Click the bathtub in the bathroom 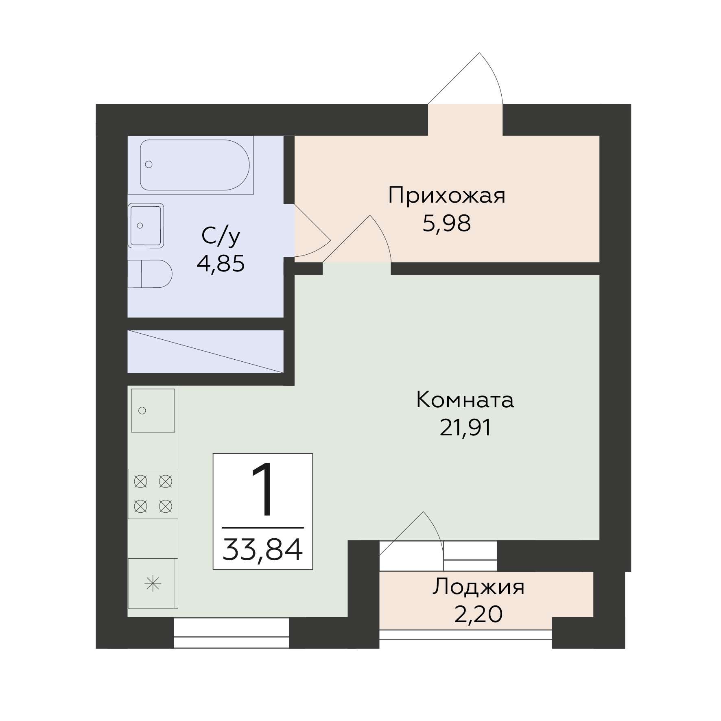(x=194, y=165)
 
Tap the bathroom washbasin (x=146, y=225)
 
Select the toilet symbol (x=150, y=274)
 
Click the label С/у (x=221, y=236)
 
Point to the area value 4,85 (x=221, y=264)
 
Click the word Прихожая (x=446, y=196)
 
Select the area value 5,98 (x=446, y=223)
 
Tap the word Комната (x=465, y=400)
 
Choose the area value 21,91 (x=465, y=428)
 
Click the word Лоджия (x=478, y=587)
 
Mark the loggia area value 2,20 (x=478, y=614)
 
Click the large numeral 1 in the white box (x=262, y=491)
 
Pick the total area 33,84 (x=262, y=550)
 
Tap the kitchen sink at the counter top (x=153, y=410)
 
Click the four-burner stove (x=153, y=494)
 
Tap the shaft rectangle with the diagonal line (x=205, y=351)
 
